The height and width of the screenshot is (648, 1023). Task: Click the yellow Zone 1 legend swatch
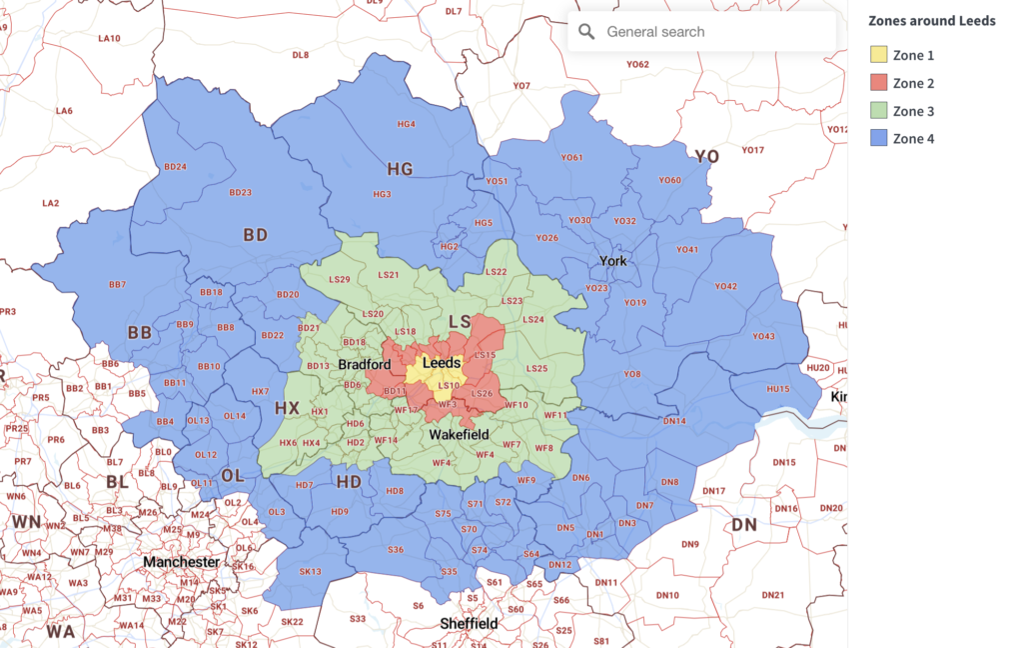tap(878, 55)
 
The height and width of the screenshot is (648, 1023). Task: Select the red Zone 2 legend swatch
tap(878, 83)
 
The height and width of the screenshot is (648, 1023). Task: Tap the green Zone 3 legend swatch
tap(878, 111)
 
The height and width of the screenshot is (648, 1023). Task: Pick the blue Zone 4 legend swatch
tap(878, 139)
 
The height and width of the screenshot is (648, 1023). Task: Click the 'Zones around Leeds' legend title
tap(931, 21)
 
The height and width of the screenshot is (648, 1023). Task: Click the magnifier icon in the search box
tap(587, 32)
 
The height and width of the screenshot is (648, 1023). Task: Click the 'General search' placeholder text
tap(655, 32)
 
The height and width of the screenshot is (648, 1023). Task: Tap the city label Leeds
tap(442, 363)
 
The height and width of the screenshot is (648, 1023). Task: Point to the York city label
tap(612, 261)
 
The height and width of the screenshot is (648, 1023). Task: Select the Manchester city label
tap(181, 562)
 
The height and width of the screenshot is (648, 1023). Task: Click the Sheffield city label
tap(469, 624)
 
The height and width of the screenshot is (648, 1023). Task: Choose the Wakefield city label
tap(459, 435)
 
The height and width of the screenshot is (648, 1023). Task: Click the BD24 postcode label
tap(176, 167)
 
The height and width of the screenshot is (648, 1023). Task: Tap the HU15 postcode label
tap(777, 389)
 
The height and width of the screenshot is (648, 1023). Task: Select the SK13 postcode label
tap(310, 571)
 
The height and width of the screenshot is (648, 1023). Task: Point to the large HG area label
tap(400, 170)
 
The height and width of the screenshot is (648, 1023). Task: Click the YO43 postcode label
tap(763, 336)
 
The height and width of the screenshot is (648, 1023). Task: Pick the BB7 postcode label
tap(117, 285)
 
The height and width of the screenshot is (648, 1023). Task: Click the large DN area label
tap(744, 525)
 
